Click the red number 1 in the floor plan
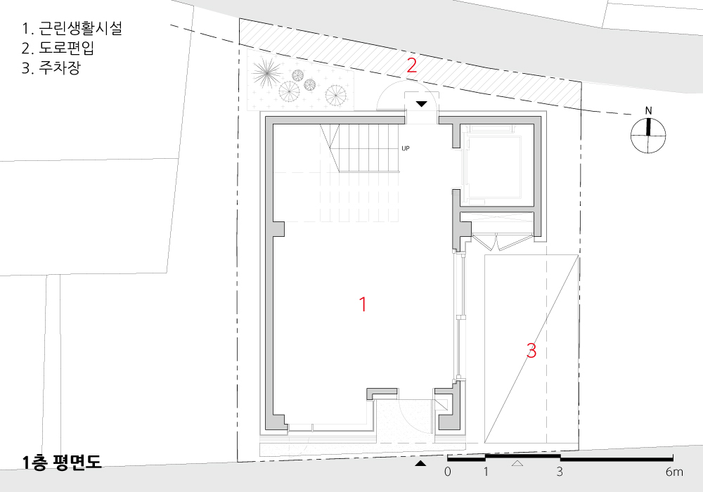[363, 304]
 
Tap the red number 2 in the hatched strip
[411, 66]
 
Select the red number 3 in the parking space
[531, 351]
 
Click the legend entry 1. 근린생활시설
[72, 28]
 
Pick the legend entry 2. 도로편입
[58, 48]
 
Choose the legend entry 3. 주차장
[51, 67]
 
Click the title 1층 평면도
[62, 462]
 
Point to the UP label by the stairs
[406, 148]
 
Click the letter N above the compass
[648, 110]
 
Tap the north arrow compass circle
[648, 136]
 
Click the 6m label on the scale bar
[674, 472]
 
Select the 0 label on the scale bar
[447, 472]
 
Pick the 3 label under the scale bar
[560, 472]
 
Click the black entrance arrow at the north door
[421, 104]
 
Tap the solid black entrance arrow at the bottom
[420, 463]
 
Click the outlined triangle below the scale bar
[517, 463]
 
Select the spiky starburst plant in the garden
[266, 73]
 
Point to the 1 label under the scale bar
[486, 472]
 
